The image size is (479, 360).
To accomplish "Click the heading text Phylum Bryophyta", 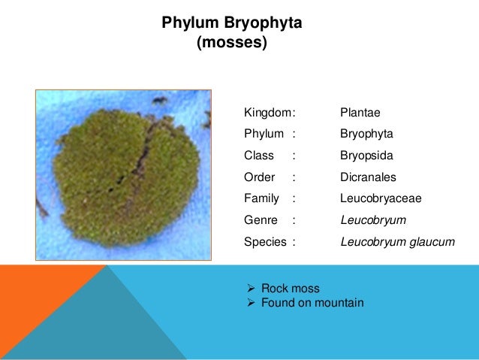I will (x=232, y=24).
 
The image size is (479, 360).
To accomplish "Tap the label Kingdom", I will (x=267, y=113).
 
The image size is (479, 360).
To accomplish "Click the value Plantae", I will (x=360, y=113).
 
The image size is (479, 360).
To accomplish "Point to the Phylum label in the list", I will (x=264, y=135).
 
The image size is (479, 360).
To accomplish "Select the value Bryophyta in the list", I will (x=366, y=135).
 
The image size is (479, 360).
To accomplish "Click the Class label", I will (x=259, y=156).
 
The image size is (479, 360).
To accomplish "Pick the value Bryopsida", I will (x=366, y=156).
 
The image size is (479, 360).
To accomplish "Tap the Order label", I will (x=259, y=178).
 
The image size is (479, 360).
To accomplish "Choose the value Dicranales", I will (x=368, y=178).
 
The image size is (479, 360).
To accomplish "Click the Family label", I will (x=261, y=198).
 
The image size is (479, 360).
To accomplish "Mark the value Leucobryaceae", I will (x=381, y=198).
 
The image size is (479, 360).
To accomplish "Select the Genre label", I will (x=261, y=220).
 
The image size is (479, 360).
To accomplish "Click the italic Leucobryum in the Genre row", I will (x=373, y=220).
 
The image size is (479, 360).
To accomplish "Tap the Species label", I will (x=265, y=242).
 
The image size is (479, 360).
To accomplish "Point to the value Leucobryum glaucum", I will (x=398, y=242).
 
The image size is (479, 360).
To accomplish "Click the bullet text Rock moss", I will (x=290, y=288).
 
